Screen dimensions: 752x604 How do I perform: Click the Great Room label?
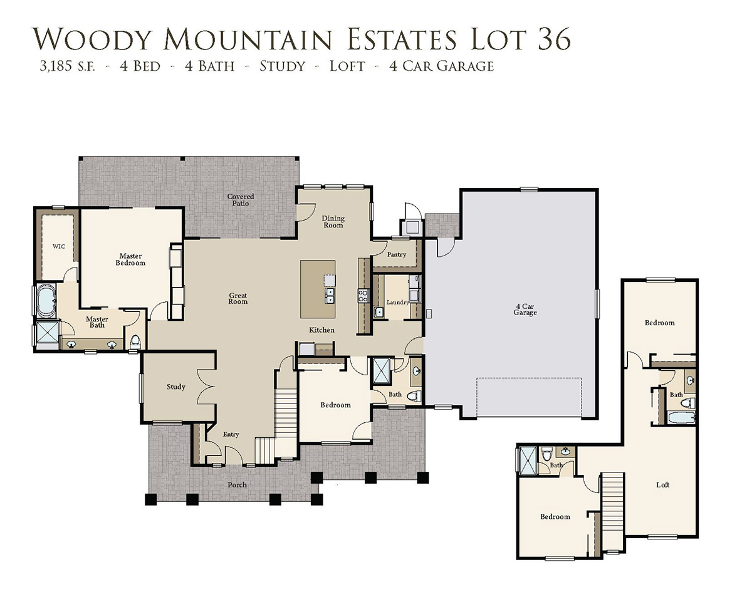click(238, 298)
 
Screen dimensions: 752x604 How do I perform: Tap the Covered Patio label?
click(241, 200)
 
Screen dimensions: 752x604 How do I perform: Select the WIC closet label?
click(59, 246)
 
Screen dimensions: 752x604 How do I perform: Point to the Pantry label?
click(397, 254)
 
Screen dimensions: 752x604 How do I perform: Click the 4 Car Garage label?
click(525, 310)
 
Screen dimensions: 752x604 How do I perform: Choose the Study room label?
click(175, 387)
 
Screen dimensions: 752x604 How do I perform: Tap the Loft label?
click(662, 485)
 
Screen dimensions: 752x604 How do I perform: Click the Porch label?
click(238, 485)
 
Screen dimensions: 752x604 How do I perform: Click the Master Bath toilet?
click(135, 342)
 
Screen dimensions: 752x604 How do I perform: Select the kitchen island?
click(318, 289)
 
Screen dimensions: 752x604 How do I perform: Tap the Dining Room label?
click(333, 222)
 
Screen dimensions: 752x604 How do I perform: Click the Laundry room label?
click(398, 302)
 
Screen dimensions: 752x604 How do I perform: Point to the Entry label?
click(231, 434)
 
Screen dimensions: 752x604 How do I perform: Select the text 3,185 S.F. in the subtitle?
click(67, 66)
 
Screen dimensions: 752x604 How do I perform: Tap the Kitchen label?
click(321, 330)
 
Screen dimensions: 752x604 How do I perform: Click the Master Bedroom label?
click(130, 259)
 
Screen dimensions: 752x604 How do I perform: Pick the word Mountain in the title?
click(247, 39)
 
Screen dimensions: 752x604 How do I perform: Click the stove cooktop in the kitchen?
click(363, 296)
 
